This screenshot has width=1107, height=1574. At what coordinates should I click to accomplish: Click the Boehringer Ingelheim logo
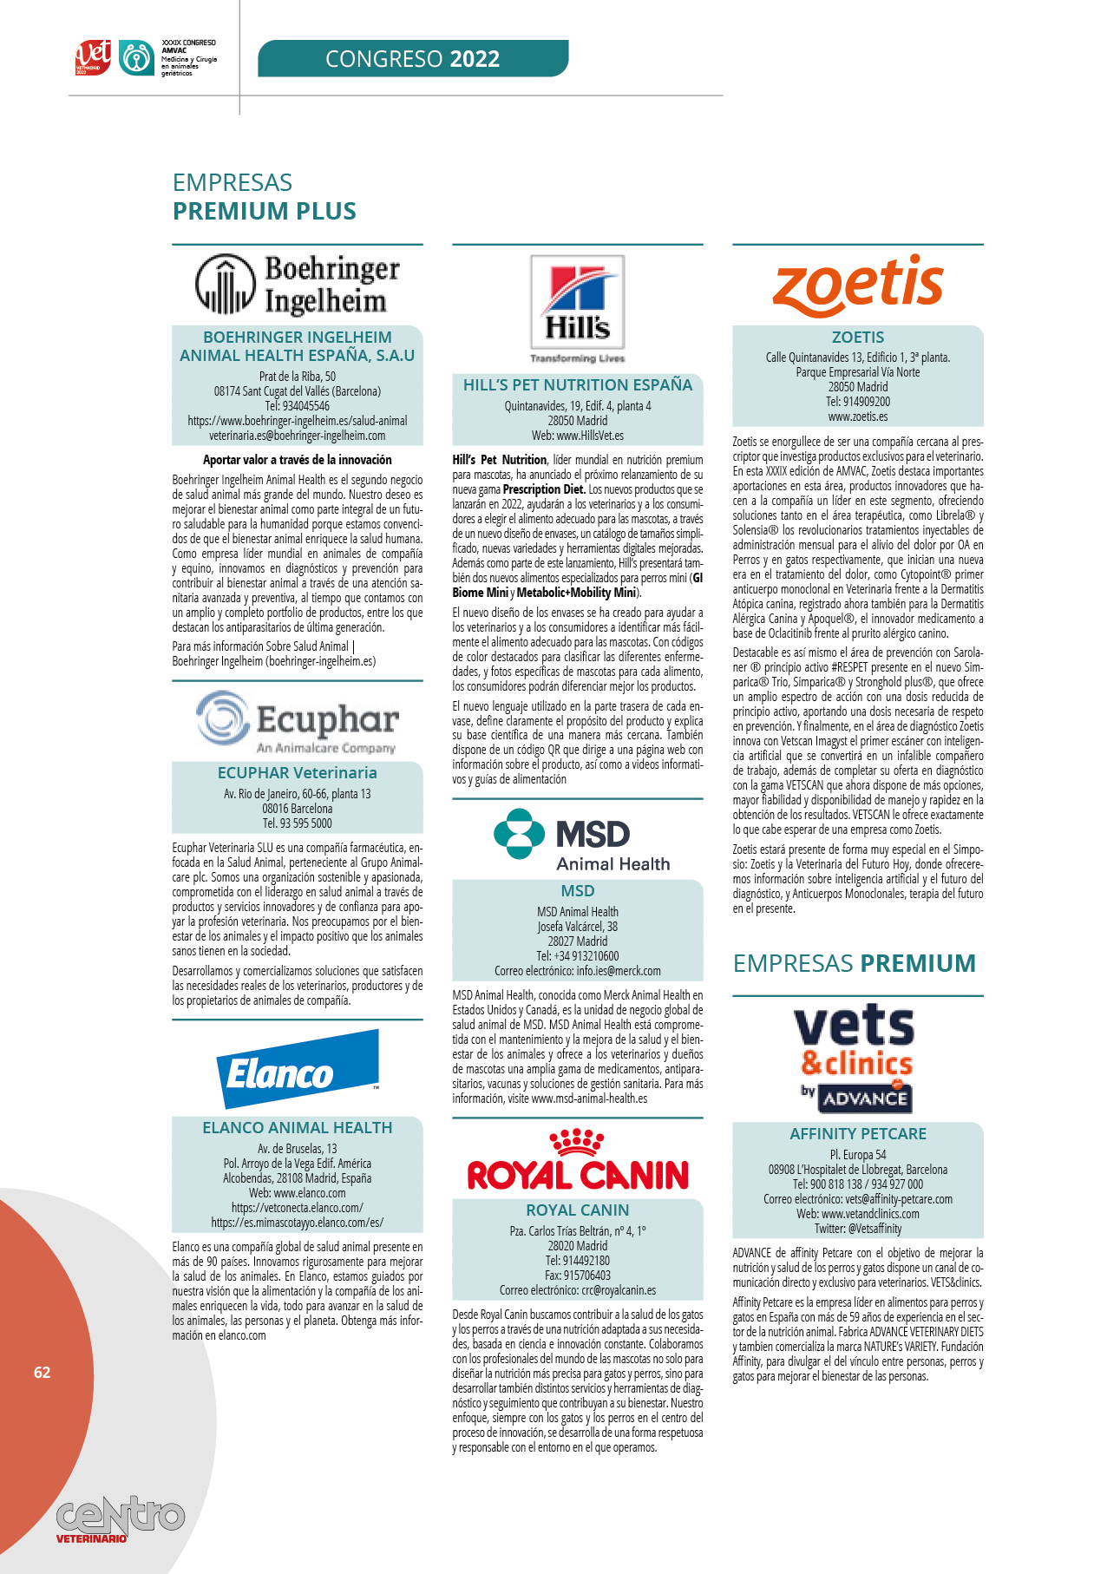click(x=298, y=285)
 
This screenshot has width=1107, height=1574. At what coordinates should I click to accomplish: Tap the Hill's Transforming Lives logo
click(x=577, y=307)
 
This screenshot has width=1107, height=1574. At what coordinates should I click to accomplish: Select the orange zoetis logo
click(x=858, y=285)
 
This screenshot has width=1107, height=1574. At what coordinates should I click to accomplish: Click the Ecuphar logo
click(x=298, y=721)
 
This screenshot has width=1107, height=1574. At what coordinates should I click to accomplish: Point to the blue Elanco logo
click(x=298, y=1070)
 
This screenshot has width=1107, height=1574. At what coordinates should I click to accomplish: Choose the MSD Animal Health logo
click(x=577, y=840)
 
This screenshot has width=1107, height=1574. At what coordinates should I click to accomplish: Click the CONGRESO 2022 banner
click(x=413, y=59)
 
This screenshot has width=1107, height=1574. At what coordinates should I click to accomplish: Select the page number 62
click(x=43, y=1372)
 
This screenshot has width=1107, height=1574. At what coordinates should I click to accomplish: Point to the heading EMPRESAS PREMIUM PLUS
click(x=265, y=197)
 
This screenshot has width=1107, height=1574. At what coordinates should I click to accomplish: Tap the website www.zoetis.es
click(x=858, y=416)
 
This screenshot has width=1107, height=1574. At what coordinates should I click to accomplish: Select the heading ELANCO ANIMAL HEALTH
click(x=298, y=1128)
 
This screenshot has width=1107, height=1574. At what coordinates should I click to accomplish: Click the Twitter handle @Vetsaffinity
click(x=858, y=1229)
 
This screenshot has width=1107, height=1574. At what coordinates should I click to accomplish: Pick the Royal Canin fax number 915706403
click(x=578, y=1276)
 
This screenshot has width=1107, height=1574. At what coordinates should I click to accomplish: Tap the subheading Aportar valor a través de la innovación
click(x=298, y=460)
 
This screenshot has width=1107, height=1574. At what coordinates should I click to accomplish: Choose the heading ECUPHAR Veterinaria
click(x=298, y=773)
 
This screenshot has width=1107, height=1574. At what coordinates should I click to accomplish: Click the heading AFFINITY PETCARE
click(x=858, y=1134)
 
